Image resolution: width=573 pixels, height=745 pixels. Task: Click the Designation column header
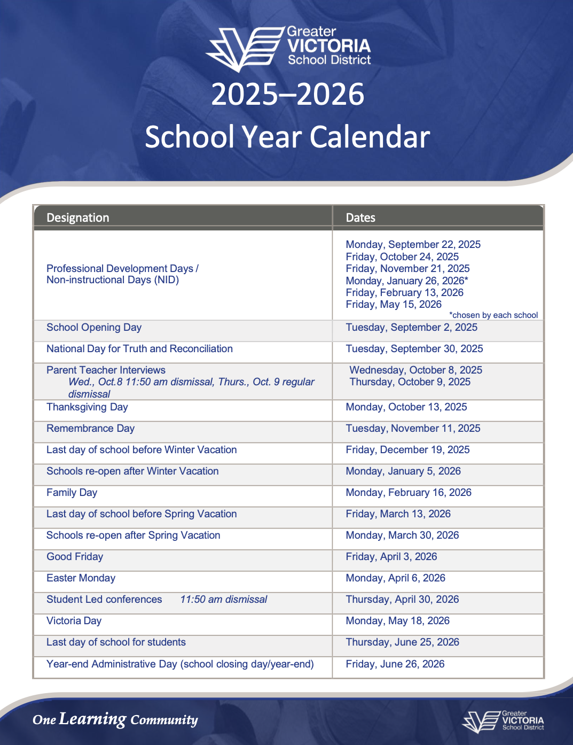click(x=78, y=218)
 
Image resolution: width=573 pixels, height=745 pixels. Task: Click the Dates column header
click(x=360, y=218)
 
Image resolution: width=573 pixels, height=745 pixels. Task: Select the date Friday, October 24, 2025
click(x=402, y=257)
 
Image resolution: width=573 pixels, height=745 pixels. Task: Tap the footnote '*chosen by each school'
click(x=493, y=315)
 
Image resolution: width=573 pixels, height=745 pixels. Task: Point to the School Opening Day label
click(x=94, y=328)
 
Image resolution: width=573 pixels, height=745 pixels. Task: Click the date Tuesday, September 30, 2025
click(x=414, y=349)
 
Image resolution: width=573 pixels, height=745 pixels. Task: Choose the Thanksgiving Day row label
click(x=87, y=407)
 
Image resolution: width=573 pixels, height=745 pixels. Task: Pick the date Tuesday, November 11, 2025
click(x=413, y=429)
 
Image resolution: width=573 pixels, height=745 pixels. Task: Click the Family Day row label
click(x=72, y=493)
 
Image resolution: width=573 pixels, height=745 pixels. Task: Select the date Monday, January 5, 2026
click(x=403, y=471)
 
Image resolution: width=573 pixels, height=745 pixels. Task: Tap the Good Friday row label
click(x=75, y=557)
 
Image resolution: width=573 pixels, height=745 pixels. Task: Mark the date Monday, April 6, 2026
click(x=395, y=578)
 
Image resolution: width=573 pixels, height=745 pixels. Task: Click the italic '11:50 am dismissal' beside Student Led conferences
click(x=224, y=600)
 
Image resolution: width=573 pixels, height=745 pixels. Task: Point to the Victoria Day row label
click(x=74, y=621)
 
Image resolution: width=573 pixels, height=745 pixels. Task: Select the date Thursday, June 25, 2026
click(x=402, y=642)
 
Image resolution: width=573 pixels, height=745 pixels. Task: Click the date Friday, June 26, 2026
click(x=395, y=664)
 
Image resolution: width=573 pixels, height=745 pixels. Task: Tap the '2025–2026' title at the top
click(x=287, y=95)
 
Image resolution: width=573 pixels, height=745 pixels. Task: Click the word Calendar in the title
click(x=370, y=137)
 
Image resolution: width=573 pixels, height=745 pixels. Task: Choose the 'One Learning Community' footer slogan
click(x=115, y=719)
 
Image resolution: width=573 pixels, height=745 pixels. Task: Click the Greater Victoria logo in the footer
click(x=503, y=721)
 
